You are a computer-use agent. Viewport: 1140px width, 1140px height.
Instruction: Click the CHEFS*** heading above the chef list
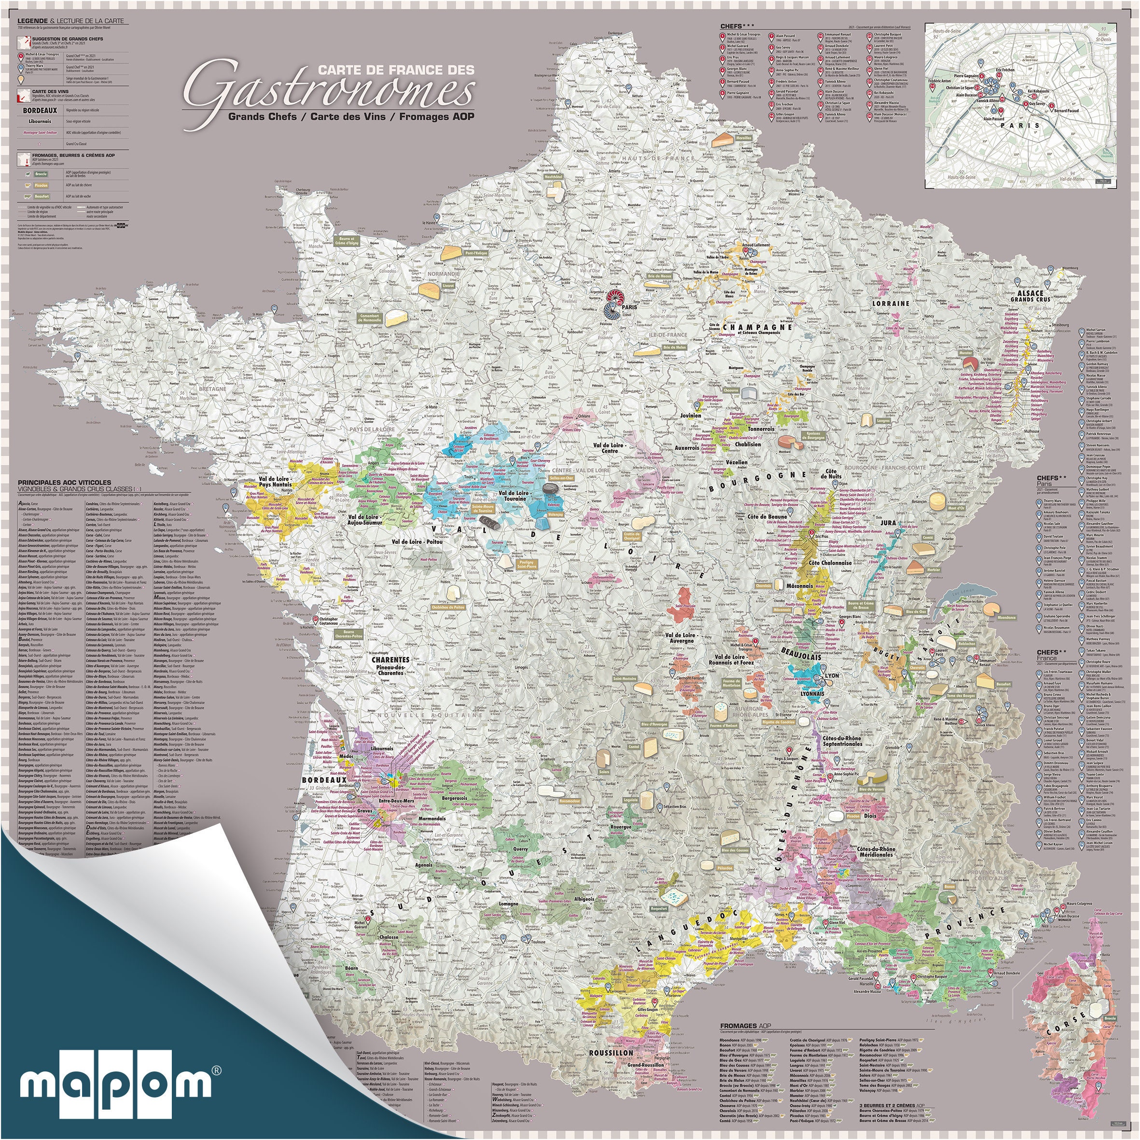tap(737, 26)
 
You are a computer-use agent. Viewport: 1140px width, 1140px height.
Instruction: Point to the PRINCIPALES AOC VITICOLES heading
tap(61, 482)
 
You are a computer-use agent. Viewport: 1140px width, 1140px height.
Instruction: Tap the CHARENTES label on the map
tap(390, 659)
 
